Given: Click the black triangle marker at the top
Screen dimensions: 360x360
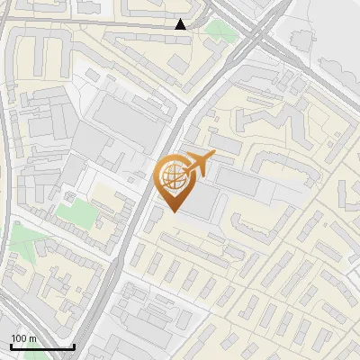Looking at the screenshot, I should click(x=181, y=24).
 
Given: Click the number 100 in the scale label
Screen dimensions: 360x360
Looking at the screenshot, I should click(x=19, y=338).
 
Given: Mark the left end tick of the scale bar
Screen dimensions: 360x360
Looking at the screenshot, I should click(x=10, y=346).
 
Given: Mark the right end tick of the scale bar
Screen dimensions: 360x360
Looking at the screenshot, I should click(x=74, y=346).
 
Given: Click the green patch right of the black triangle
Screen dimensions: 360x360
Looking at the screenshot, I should click(x=218, y=30).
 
